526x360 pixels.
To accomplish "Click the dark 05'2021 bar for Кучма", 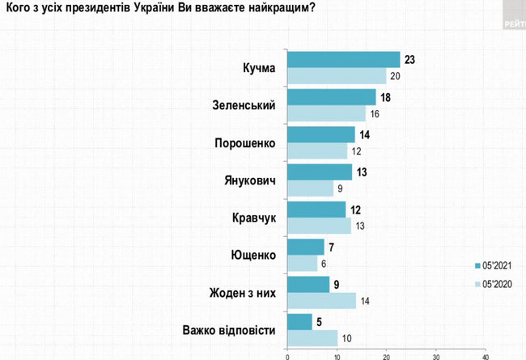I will [x=344, y=59].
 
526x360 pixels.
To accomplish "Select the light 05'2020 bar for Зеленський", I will [x=327, y=114].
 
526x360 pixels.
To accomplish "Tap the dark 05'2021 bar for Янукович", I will [x=320, y=172].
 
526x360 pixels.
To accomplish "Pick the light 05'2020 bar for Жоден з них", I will [x=322, y=300].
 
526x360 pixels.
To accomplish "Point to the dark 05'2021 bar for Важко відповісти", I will [x=299, y=322].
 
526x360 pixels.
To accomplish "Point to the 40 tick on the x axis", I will [x=486, y=354].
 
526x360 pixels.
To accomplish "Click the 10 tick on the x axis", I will [x=337, y=354].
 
